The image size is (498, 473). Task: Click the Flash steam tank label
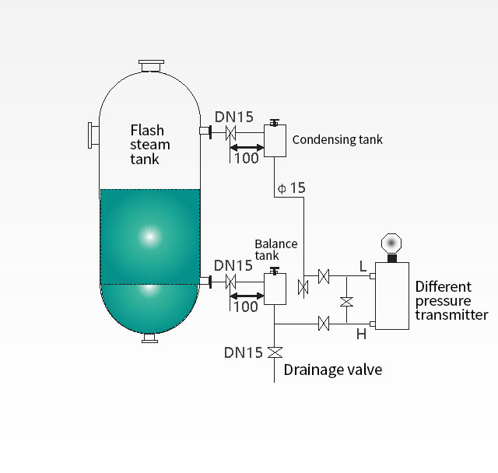tap(149, 145)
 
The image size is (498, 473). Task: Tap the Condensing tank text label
tap(338, 140)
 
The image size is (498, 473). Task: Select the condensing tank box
tap(275, 141)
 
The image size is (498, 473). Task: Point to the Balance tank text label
tap(276, 249)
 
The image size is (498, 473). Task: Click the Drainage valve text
tap(332, 370)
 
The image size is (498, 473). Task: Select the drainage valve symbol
tap(275, 352)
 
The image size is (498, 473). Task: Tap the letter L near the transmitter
tap(363, 267)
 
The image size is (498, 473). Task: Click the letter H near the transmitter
tap(361, 335)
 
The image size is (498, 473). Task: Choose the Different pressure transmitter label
tap(451, 300)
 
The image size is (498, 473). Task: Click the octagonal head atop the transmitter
tap(391, 242)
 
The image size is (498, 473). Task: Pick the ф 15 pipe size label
tap(292, 188)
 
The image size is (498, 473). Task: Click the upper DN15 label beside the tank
tap(233, 117)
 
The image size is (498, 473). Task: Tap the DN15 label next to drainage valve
tap(244, 352)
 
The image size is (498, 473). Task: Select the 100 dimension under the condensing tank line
tap(245, 159)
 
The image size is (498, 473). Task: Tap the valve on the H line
tap(324, 322)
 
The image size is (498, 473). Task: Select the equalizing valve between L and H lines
tap(347, 300)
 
